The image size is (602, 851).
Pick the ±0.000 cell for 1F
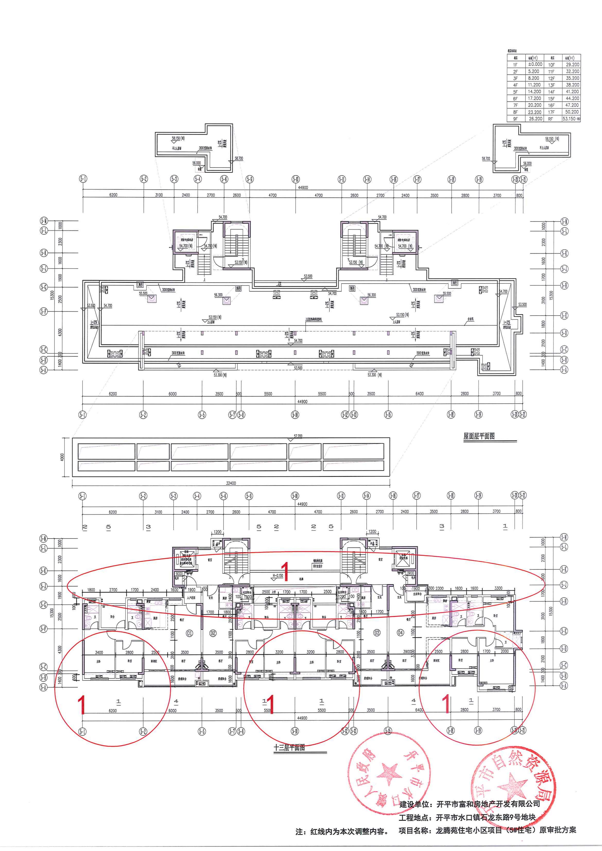[x=535, y=64]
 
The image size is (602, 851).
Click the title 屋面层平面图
[x=479, y=436]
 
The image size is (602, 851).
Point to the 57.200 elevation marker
[x=298, y=436]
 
